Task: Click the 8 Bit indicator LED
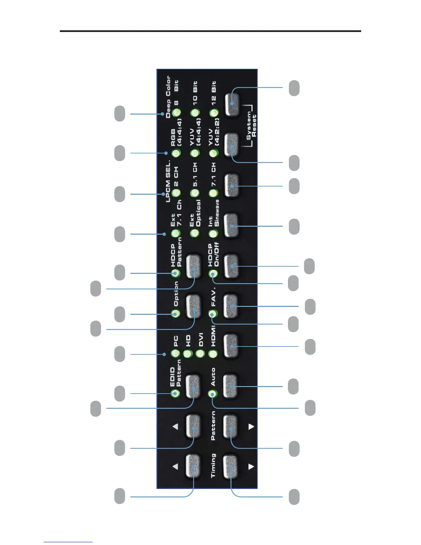pos(176,113)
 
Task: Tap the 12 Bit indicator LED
pos(214,113)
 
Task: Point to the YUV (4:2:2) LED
pos(214,153)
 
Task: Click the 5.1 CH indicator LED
pos(195,193)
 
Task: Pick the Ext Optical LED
pos(195,233)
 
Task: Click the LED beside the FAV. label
pos(213,314)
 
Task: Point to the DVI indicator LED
pos(200,353)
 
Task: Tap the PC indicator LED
pos(175,353)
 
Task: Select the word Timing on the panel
pos(213,465)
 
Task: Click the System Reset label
pos(251,126)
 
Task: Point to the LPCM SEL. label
pos(168,181)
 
